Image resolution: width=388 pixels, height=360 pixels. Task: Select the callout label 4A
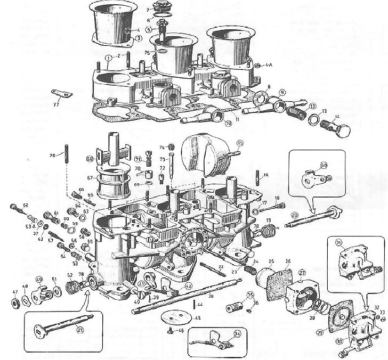coord(269,66)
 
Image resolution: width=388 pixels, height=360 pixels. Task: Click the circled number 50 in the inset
coord(322,165)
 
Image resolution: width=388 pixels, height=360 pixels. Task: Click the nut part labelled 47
coord(15,305)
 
